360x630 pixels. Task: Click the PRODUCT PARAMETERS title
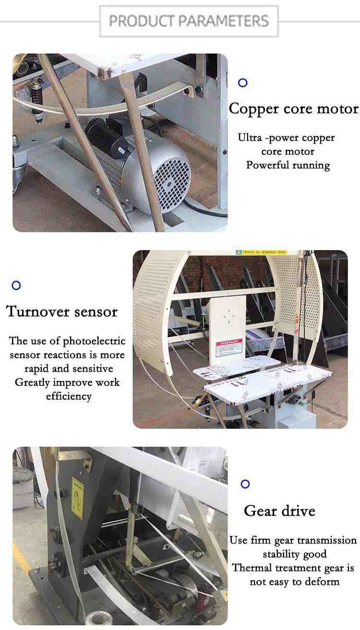(x=189, y=21)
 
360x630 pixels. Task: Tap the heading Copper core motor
(x=293, y=108)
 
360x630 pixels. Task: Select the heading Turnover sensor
(x=62, y=311)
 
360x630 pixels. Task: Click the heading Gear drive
(x=279, y=511)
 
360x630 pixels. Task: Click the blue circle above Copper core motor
(x=243, y=83)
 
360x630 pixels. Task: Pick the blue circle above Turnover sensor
(x=16, y=285)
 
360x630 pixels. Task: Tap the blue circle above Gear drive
(x=245, y=484)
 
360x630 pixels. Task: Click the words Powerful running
(x=288, y=165)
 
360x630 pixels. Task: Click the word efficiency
(x=69, y=396)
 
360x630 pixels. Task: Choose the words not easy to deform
(x=294, y=582)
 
